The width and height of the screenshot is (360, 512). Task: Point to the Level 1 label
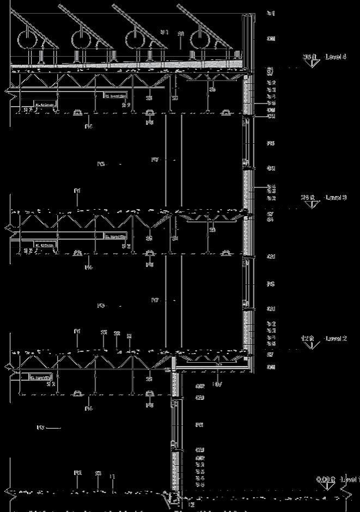point(350,479)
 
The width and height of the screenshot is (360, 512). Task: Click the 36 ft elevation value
point(309,57)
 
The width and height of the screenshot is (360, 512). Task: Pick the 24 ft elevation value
point(308,197)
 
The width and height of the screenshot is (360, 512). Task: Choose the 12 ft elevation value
point(308,338)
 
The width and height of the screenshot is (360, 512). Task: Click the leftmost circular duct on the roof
point(27,40)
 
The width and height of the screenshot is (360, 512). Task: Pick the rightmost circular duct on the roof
point(200,39)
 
